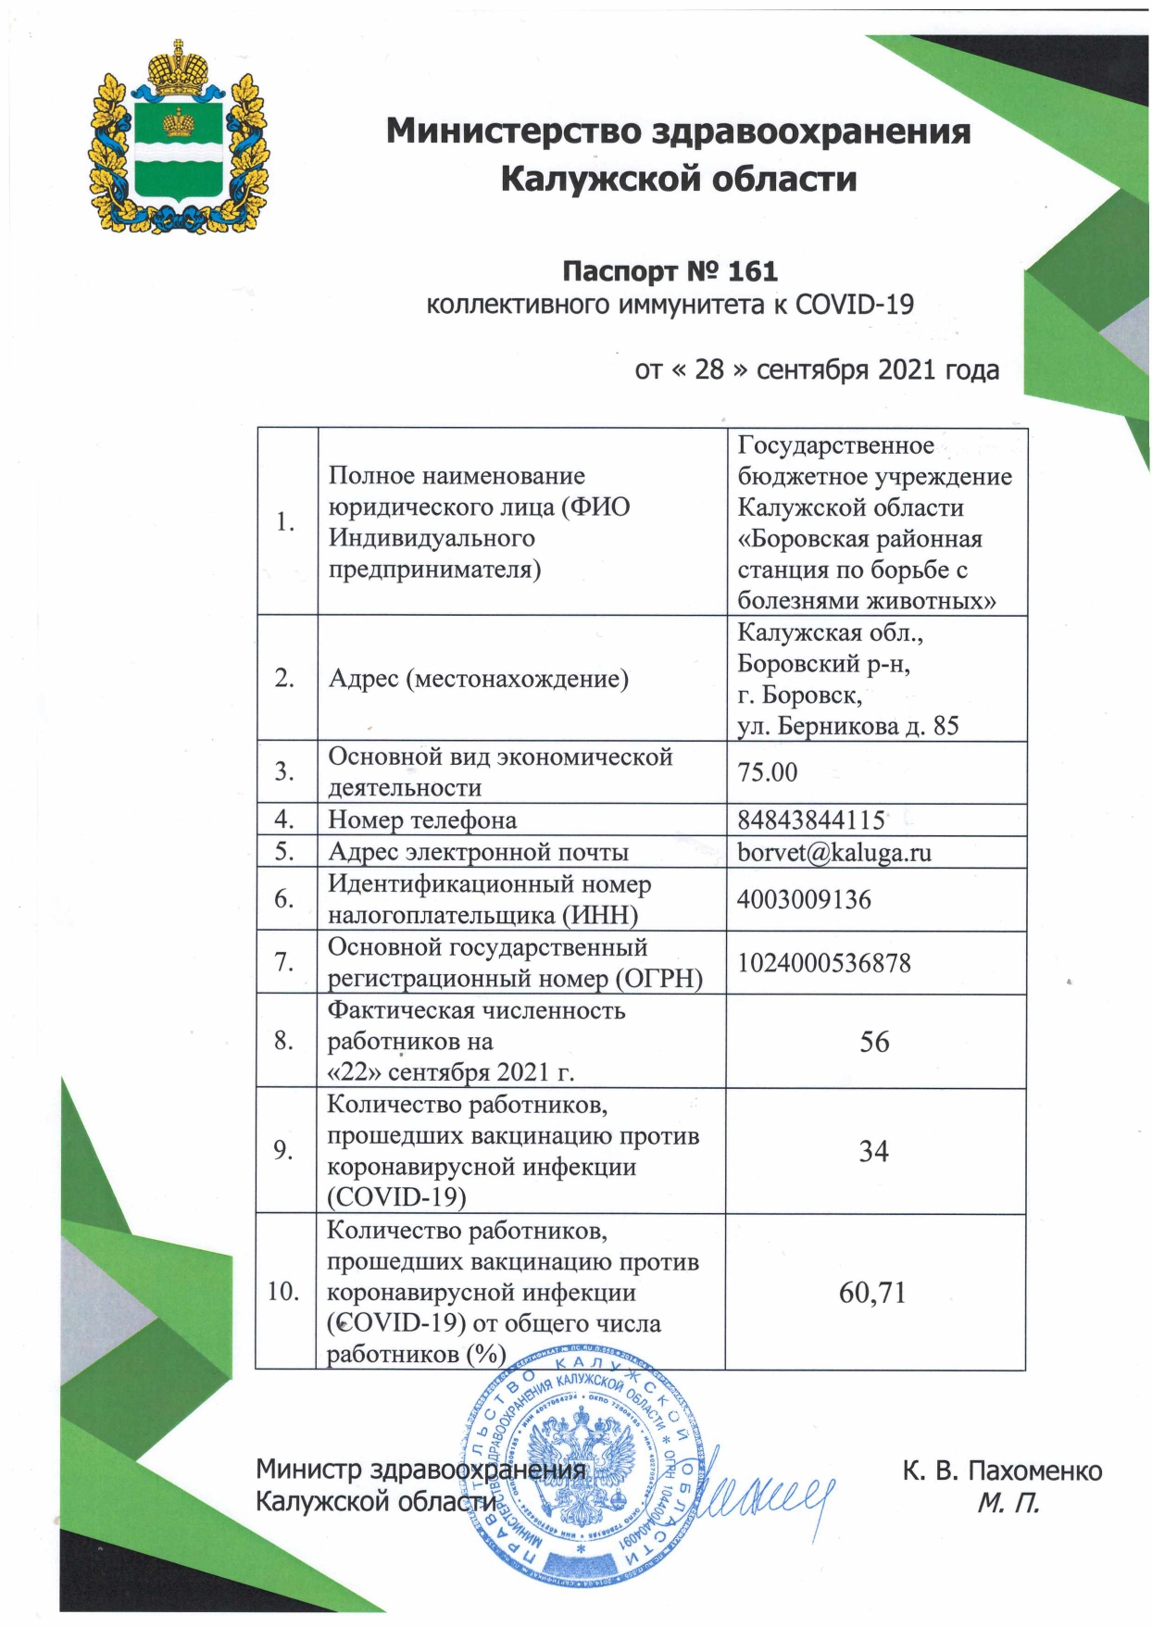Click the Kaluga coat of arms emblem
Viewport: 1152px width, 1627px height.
coord(176,139)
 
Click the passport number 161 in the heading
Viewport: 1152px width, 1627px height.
coord(754,271)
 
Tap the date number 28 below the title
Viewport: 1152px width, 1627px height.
coord(709,370)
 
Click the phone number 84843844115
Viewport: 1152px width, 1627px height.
coord(811,820)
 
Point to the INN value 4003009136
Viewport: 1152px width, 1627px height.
coord(804,899)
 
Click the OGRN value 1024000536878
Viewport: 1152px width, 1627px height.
coord(824,963)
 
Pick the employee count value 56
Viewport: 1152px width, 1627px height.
coord(874,1042)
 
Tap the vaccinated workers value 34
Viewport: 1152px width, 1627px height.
coord(873,1151)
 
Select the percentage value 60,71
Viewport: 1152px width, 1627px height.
coord(872,1292)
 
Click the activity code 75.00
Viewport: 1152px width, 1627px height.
coord(767,772)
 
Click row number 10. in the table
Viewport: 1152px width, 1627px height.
coord(284,1292)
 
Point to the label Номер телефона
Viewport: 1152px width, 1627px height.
coord(422,820)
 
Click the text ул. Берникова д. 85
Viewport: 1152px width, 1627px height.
coord(847,726)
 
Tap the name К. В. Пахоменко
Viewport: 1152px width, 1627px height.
coord(1002,1471)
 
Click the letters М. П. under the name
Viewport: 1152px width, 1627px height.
coord(1008,1502)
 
